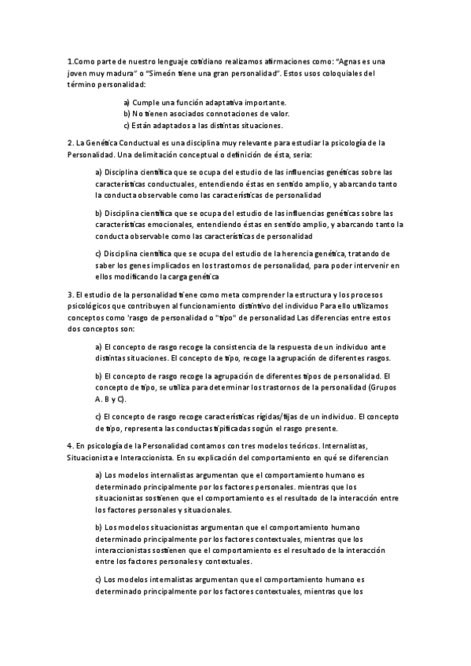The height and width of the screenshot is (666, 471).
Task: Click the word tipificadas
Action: pos(210,429)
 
